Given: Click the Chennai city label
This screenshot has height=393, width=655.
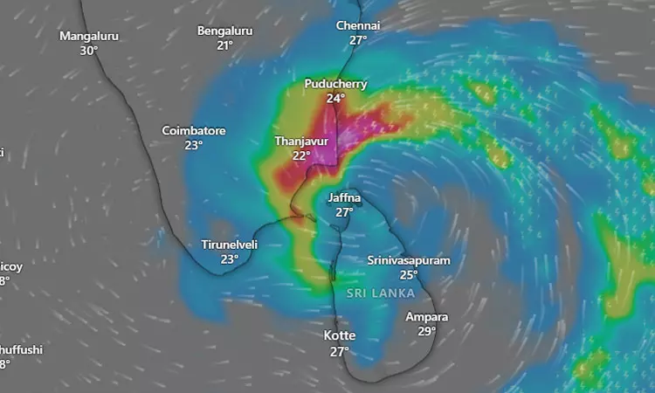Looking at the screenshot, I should tap(358, 25).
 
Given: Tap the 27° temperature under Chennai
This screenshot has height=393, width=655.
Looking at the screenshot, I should tap(358, 40).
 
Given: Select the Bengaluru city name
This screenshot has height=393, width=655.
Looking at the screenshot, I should tap(224, 31).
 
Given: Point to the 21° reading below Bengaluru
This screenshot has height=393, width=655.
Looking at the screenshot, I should tap(224, 45).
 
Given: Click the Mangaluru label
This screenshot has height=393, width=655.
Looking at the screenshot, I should tap(88, 36).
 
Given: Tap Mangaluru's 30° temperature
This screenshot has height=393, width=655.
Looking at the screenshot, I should tap(88, 51).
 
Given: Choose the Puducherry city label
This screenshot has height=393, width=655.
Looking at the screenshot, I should tap(335, 84).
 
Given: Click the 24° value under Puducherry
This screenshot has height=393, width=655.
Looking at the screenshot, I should tap(335, 99).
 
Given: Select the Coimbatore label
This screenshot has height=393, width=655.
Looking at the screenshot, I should tap(194, 131).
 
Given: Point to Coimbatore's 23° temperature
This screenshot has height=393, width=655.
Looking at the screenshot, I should tap(194, 146).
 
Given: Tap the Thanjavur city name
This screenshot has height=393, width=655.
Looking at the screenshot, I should tap(301, 141).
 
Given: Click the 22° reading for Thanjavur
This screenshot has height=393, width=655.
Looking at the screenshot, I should tap(301, 155).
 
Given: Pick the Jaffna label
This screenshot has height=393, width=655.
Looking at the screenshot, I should tap(344, 197).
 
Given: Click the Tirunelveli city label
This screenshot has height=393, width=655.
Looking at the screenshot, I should tap(230, 245).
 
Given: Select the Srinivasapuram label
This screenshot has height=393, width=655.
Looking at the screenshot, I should tap(409, 260).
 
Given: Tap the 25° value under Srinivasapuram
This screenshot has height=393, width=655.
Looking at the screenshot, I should tap(409, 275).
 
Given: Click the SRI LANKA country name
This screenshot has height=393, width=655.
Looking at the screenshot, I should tap(380, 293).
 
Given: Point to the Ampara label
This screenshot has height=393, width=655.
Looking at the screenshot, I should tap(427, 316).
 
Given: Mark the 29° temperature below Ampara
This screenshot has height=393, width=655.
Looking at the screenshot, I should tap(427, 331).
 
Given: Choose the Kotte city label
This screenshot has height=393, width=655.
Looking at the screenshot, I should tap(340, 336).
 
